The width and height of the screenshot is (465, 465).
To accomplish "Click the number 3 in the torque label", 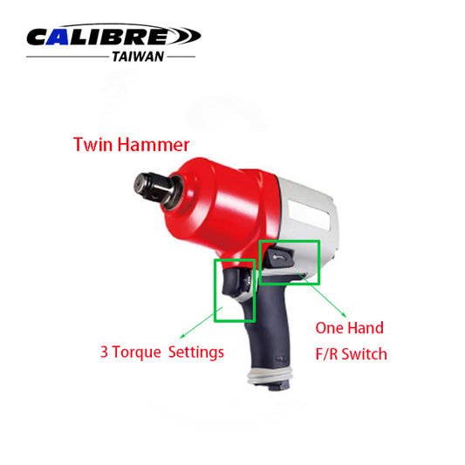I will [x=104, y=353].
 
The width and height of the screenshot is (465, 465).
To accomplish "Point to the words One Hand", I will [x=348, y=329].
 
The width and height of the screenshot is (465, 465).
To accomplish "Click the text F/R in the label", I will [x=325, y=354].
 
